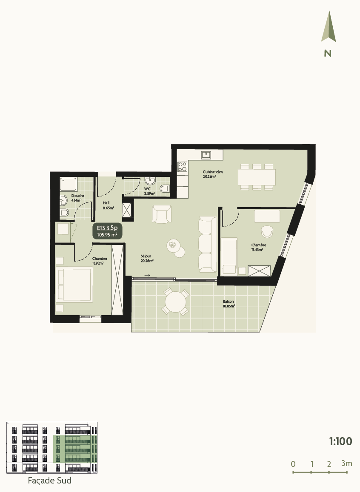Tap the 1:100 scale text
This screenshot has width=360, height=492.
[340, 441]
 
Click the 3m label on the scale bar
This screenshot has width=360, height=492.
[346, 463]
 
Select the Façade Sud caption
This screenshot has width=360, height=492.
[49, 481]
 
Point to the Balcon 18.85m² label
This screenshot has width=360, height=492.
[229, 303]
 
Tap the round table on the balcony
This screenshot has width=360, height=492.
[175, 302]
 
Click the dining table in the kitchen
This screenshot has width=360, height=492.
[257, 176]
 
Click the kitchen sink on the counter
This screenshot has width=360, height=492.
[206, 155]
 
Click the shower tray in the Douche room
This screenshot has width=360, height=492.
[69, 184]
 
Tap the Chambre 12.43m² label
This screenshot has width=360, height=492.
[258, 247]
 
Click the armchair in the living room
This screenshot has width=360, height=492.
[162, 214]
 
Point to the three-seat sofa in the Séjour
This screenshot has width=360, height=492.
[207, 244]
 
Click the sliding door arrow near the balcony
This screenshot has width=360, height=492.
[147, 276]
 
